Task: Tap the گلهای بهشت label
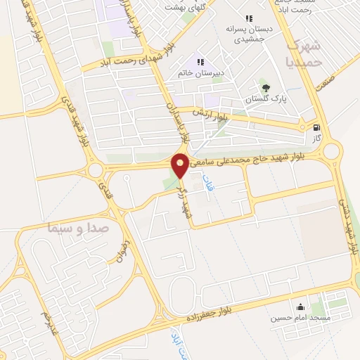pyautogui.click(x=182, y=6)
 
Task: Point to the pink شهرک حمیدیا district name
pyautogui.click(x=304, y=53)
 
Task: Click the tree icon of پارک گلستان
pyautogui.click(x=265, y=88)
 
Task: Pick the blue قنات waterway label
pyautogui.click(x=208, y=186)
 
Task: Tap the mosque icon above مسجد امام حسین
pyautogui.click(x=301, y=307)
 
